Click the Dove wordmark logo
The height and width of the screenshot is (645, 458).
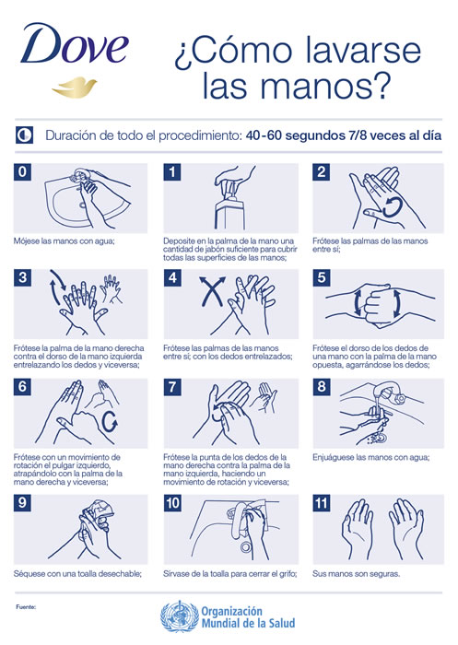tap(75, 43)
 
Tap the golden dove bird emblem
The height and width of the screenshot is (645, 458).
tap(74, 87)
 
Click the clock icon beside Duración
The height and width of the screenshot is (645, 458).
tap(24, 135)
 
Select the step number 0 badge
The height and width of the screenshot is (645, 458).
tap(23, 172)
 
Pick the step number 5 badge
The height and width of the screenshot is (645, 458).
tap(322, 278)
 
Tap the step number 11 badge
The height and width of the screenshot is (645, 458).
tap(322, 503)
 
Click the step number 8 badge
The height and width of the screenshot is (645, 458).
tap(322, 387)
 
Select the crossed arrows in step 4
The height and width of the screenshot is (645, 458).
tap(212, 291)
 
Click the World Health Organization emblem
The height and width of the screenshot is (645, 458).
tap(180, 616)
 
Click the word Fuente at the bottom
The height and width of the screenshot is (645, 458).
tap(26, 606)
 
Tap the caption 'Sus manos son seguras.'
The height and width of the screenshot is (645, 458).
tap(356, 573)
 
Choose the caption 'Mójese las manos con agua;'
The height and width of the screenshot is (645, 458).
tap(64, 241)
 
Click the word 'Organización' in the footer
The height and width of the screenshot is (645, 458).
tap(231, 611)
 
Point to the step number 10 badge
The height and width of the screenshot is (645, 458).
tap(172, 503)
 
